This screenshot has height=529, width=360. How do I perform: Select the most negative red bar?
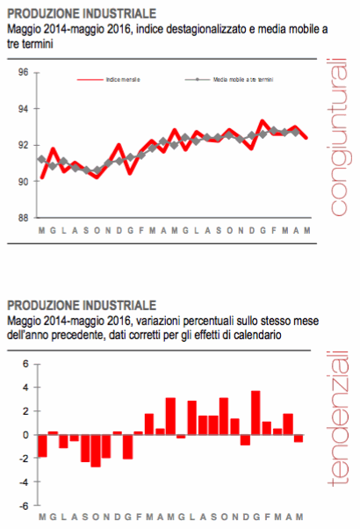point(96,450)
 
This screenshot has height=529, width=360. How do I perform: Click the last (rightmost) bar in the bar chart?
point(299,438)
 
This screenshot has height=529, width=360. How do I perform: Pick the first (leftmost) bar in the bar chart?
point(42,446)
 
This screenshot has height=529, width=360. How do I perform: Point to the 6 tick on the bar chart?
point(25,363)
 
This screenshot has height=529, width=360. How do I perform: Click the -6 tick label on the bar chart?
point(24,506)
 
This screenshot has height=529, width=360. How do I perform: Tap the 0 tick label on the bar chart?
point(25,435)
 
